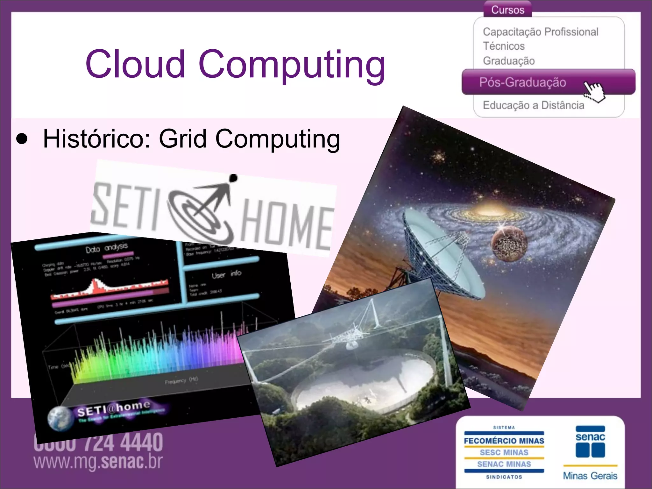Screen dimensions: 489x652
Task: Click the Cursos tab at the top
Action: click(507, 10)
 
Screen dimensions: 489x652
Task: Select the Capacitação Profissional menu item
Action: click(540, 32)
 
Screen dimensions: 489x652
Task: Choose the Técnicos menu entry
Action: click(504, 46)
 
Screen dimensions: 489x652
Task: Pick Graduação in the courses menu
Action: click(509, 61)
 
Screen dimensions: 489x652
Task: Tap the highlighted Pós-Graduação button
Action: click(522, 82)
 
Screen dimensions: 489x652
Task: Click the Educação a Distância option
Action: click(533, 105)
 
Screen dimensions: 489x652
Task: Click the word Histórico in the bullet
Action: click(96, 139)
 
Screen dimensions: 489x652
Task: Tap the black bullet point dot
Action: click(22, 139)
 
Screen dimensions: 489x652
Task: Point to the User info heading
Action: click(226, 274)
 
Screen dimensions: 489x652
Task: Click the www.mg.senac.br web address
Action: click(98, 462)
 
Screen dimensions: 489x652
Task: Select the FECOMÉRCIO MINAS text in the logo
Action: click(504, 441)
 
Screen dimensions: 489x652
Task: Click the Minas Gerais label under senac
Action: click(590, 476)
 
